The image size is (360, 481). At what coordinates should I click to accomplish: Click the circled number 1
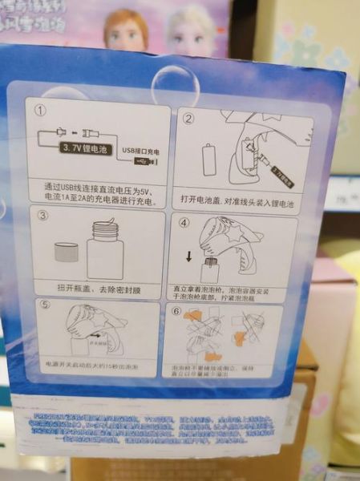click(35, 107)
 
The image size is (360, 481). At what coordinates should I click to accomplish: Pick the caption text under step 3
click(92, 287)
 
